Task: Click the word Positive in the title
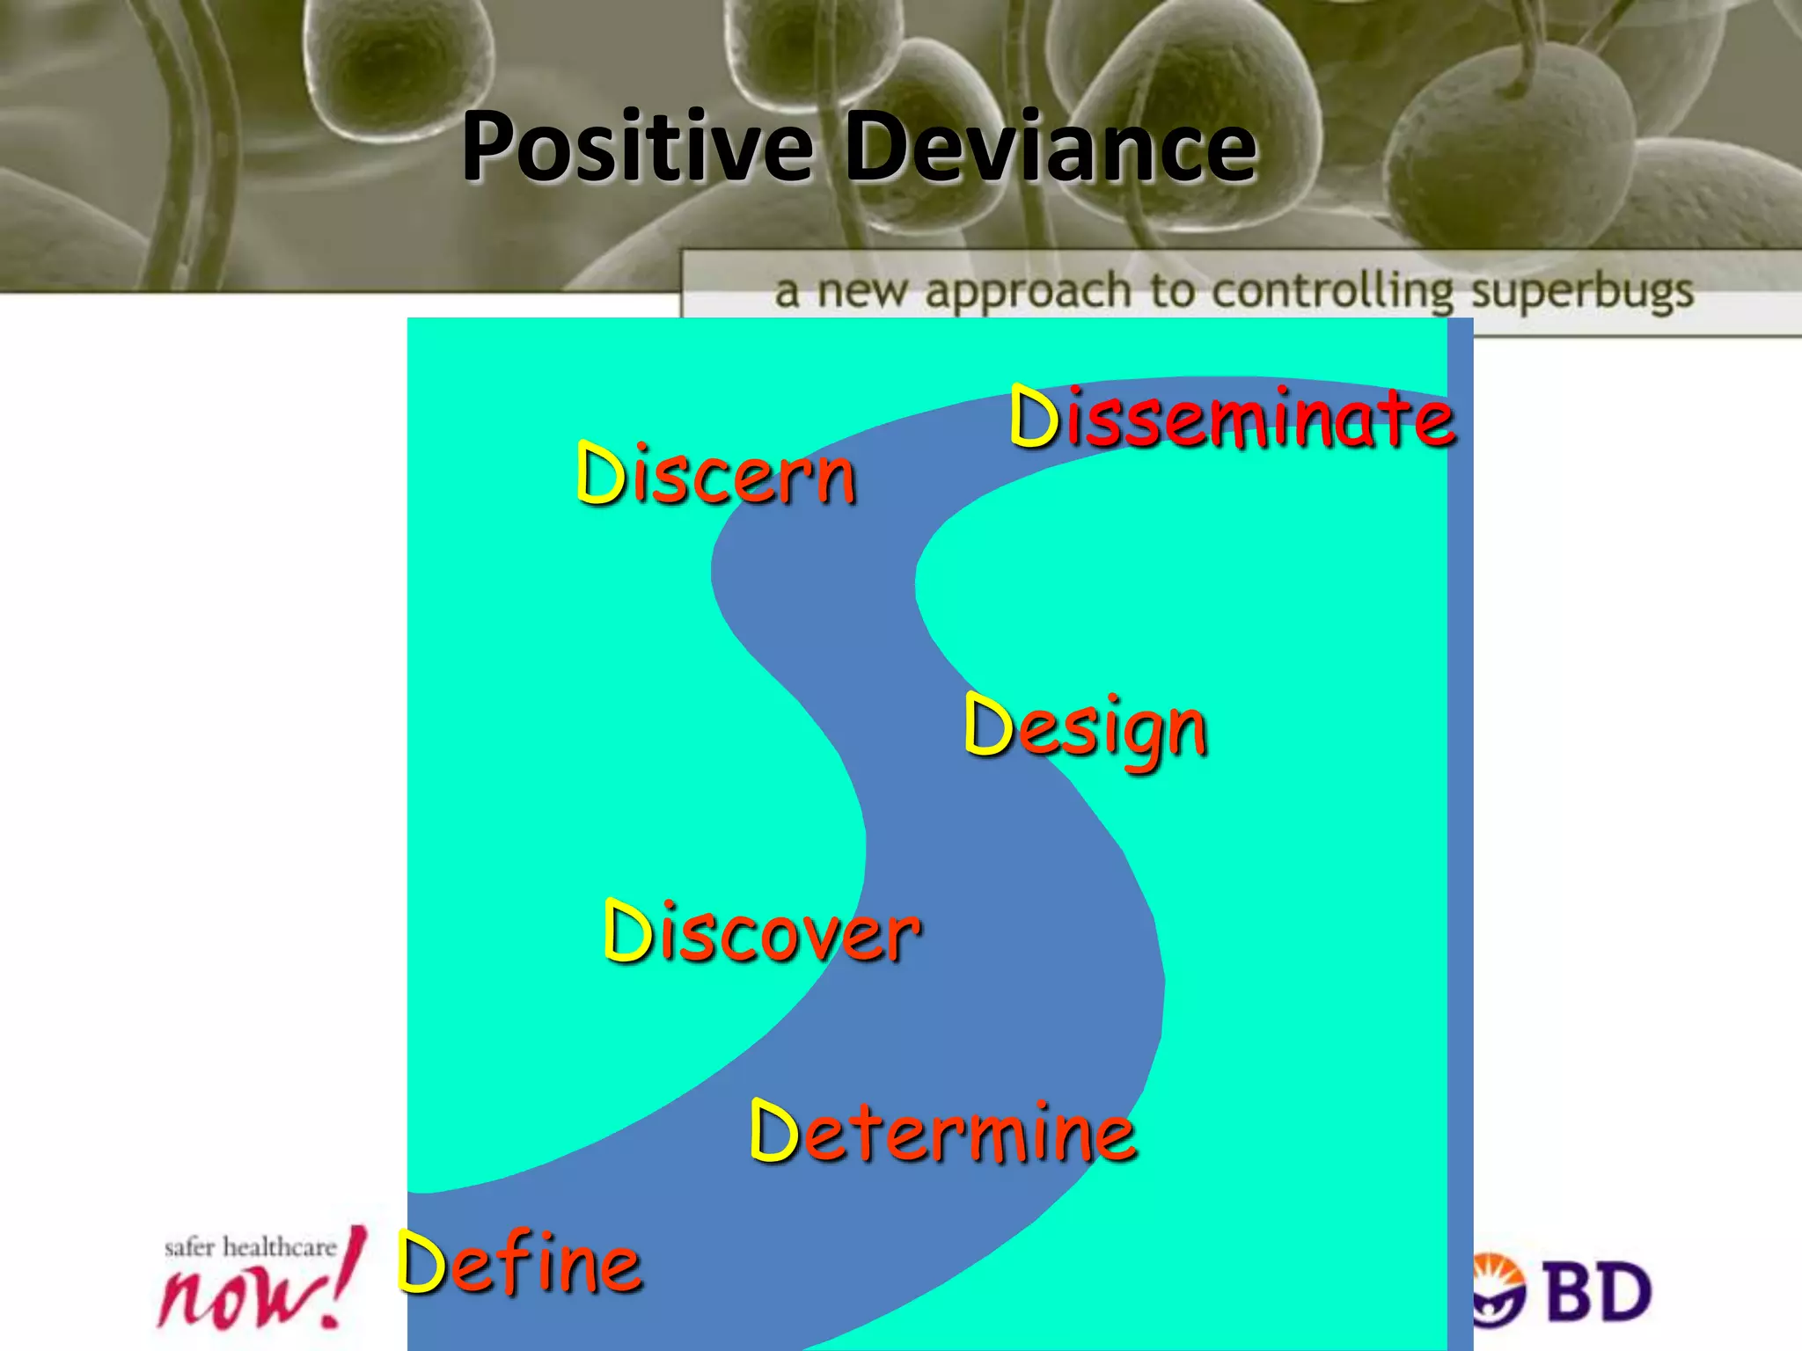point(637,147)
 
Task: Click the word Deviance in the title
point(1051,147)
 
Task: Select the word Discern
point(715,475)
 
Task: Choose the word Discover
point(762,932)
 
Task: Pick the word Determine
point(943,1132)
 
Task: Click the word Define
point(520,1263)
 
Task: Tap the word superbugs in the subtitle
point(1582,291)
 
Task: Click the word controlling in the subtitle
point(1333,291)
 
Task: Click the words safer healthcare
point(250,1246)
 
